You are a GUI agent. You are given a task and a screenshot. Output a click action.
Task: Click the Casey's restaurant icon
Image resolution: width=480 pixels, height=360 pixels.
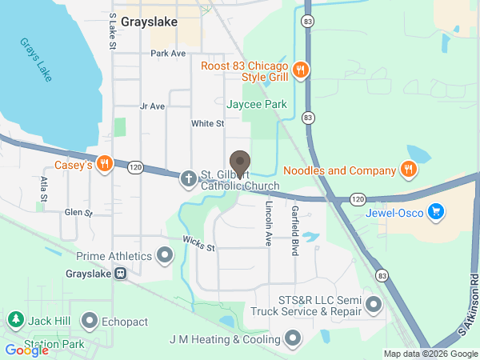pyautogui.click(x=103, y=166)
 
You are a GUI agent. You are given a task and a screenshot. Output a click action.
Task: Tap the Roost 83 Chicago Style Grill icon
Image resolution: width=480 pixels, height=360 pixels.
pyautogui.click(x=301, y=70)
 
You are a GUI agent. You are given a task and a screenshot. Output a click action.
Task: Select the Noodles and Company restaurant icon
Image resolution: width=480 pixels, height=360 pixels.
pyautogui.click(x=408, y=170)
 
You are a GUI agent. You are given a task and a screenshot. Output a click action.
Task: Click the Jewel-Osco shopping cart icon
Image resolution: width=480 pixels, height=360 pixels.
pyautogui.click(x=435, y=212)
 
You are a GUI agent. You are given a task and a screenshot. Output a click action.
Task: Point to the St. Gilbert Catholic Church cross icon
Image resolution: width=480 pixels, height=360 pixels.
pyautogui.click(x=188, y=178)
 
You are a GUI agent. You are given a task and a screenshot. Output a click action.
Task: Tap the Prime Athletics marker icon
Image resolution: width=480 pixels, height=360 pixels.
pyautogui.click(x=165, y=256)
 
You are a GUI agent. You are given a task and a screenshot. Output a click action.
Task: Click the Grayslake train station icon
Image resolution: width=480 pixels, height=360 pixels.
pyautogui.click(x=121, y=273)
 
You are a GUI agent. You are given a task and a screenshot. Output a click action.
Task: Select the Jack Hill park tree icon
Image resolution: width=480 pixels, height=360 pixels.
pyautogui.click(x=14, y=320)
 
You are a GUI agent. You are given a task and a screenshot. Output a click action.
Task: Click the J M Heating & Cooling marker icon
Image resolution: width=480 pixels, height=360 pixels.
pyautogui.click(x=292, y=339)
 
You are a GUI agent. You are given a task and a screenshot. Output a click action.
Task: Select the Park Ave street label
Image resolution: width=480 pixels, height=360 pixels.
pyautogui.click(x=168, y=54)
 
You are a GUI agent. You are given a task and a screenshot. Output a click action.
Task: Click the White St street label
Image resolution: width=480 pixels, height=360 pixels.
pyautogui.click(x=207, y=124)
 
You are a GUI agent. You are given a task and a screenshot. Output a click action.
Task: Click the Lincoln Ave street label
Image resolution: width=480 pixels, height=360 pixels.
pyautogui.click(x=269, y=222)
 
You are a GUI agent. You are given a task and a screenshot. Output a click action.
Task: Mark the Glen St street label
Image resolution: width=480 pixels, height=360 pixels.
pyautogui.click(x=78, y=213)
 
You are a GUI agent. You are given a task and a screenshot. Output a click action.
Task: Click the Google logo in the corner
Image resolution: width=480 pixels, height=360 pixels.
pyautogui.click(x=26, y=350)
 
